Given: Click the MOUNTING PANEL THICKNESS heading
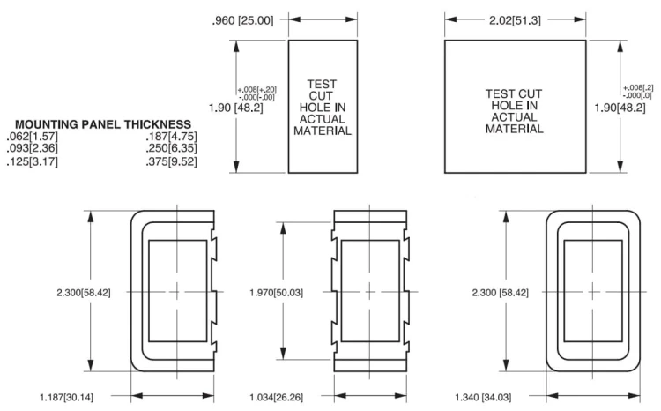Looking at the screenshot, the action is pyautogui.click(x=103, y=124).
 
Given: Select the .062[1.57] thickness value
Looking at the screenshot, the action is pyautogui.click(x=33, y=137).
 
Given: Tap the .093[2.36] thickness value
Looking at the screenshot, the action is pyautogui.click(x=33, y=148).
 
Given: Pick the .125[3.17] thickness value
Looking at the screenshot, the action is pyautogui.click(x=33, y=161).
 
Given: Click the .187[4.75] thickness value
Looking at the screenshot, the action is pyautogui.click(x=172, y=137).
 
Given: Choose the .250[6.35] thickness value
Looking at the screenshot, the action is pyautogui.click(x=172, y=148).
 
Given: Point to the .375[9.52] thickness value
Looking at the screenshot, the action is pyautogui.click(x=172, y=161).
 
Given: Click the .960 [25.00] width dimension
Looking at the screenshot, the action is pyautogui.click(x=243, y=20).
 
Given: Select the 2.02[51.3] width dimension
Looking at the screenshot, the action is pyautogui.click(x=515, y=20).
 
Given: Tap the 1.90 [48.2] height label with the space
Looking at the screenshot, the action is pyautogui.click(x=235, y=108).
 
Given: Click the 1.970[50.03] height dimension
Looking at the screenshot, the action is pyautogui.click(x=276, y=293).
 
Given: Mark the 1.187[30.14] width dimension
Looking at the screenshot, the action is pyautogui.click(x=67, y=397).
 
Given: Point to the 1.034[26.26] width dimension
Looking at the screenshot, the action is pyautogui.click(x=276, y=397).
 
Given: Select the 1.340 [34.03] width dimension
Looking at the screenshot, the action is pyautogui.click(x=483, y=397).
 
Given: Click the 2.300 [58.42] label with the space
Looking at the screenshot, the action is pyautogui.click(x=500, y=293).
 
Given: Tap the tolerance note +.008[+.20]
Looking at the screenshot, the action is pyautogui.click(x=257, y=90).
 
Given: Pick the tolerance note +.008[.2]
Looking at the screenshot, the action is pyautogui.click(x=638, y=88).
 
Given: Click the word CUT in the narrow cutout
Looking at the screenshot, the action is pyautogui.click(x=321, y=96).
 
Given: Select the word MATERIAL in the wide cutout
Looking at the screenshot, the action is pyautogui.click(x=515, y=129).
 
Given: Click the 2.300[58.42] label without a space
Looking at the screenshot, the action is pyautogui.click(x=84, y=293).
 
